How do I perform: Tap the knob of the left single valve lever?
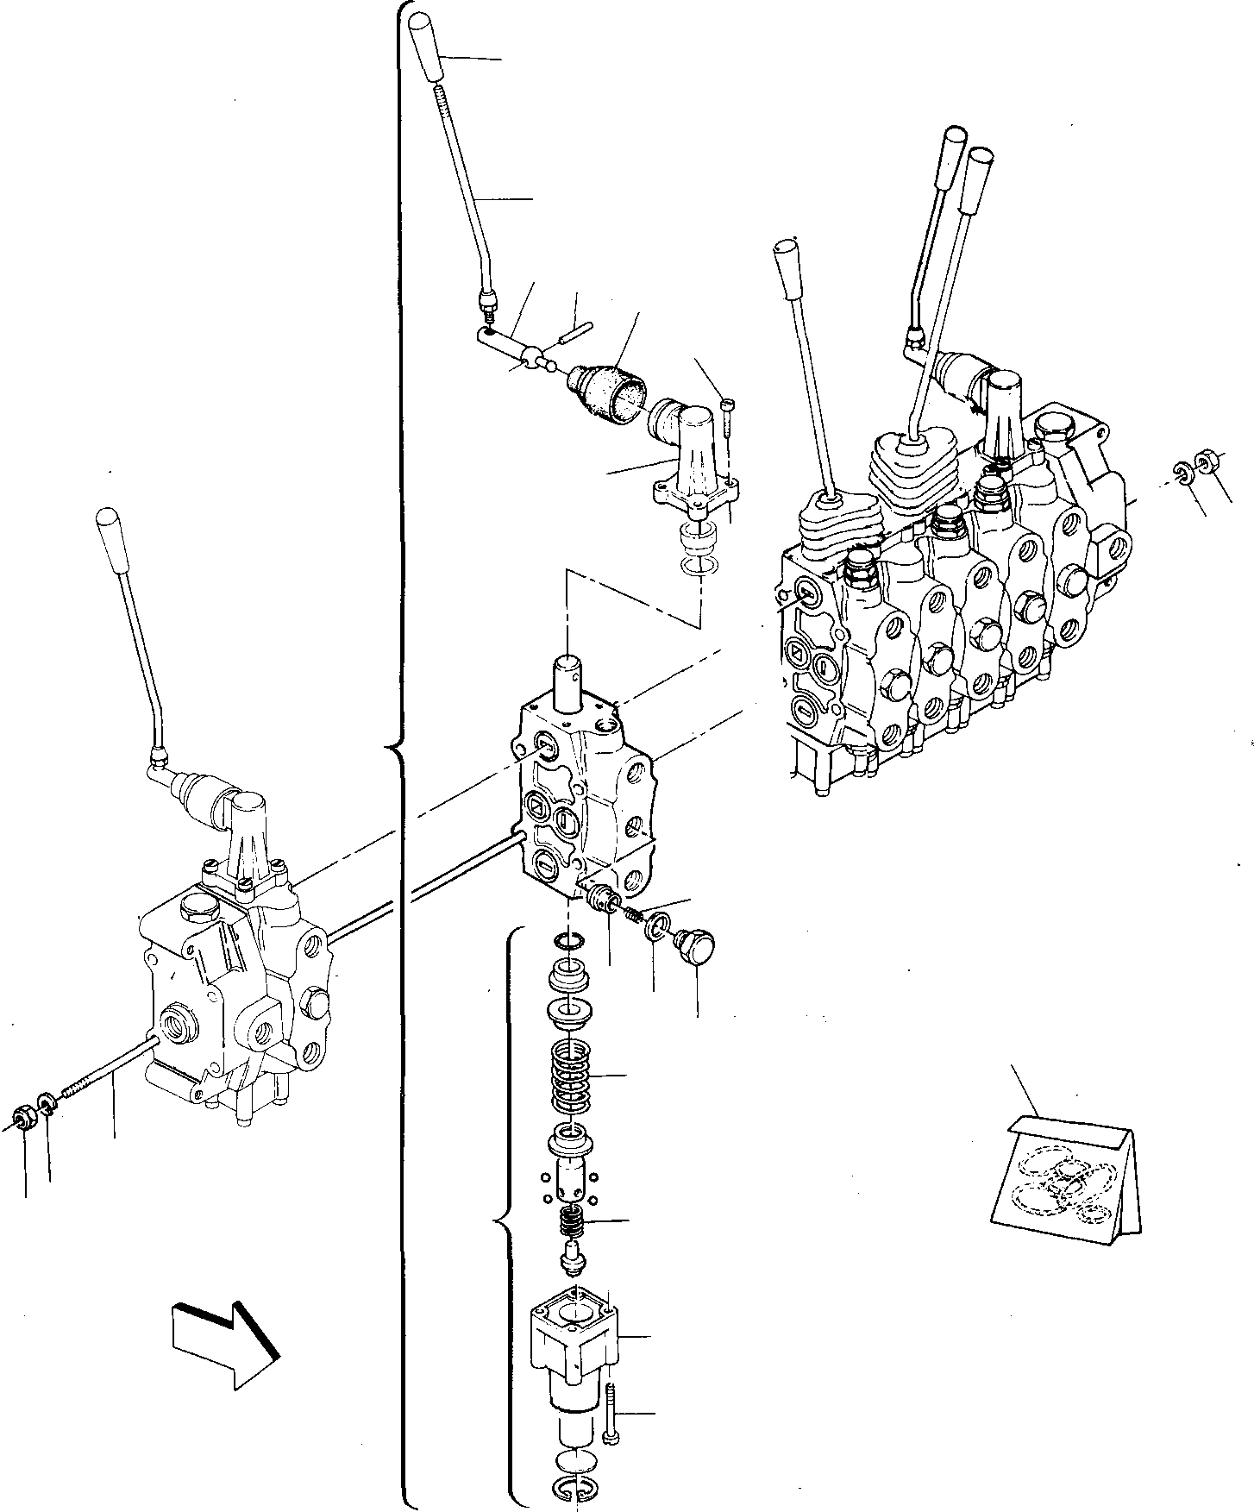[x=109, y=528]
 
